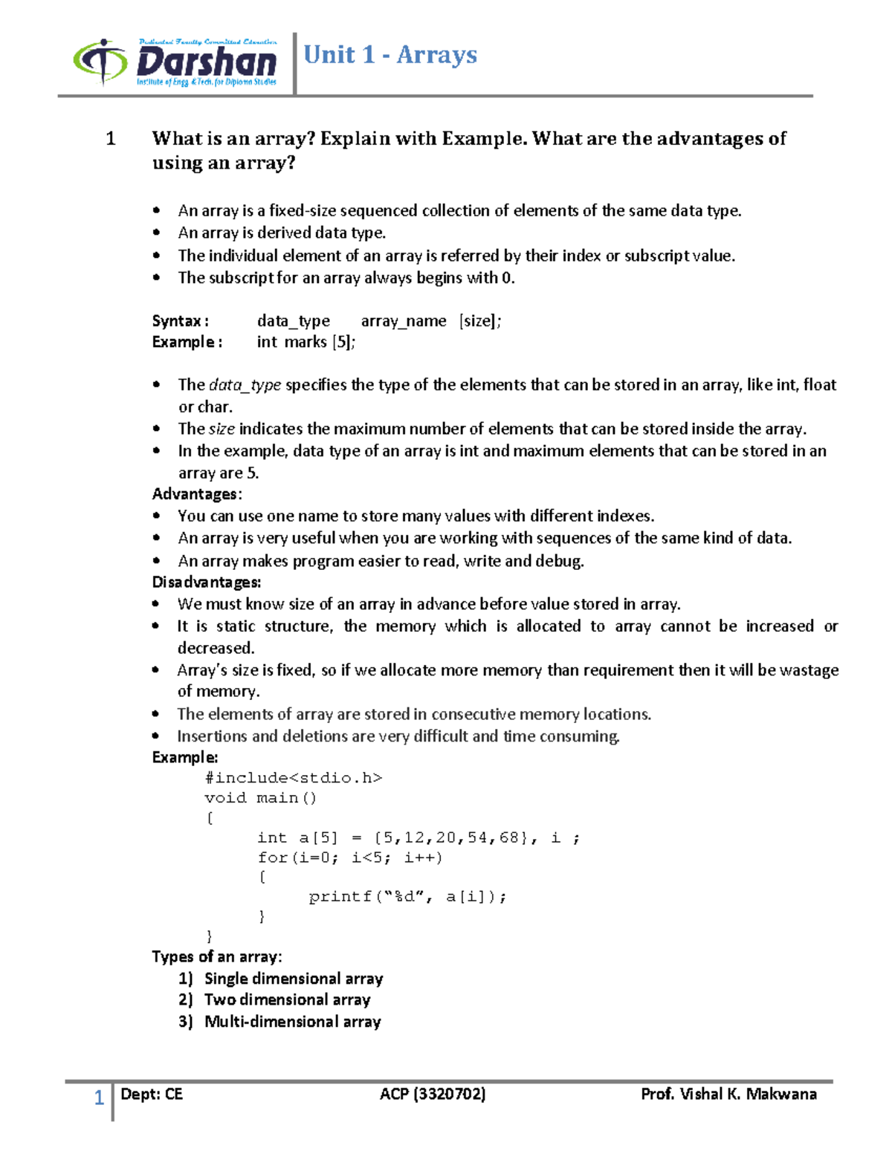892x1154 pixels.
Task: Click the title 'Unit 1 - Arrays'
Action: click(390, 55)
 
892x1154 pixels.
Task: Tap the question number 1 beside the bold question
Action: click(111, 139)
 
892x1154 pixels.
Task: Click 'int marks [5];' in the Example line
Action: click(306, 343)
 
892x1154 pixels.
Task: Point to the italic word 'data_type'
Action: click(245, 385)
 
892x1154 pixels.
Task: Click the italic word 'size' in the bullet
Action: click(222, 429)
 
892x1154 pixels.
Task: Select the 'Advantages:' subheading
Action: click(196, 494)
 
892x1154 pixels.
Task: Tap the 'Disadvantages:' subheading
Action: click(206, 582)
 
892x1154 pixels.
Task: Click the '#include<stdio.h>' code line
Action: click(293, 778)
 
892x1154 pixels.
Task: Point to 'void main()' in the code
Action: click(260, 798)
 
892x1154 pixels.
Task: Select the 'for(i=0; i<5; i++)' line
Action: click(349, 858)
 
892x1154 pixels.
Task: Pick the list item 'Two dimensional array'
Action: click(287, 1000)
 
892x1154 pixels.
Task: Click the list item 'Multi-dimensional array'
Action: click(292, 1022)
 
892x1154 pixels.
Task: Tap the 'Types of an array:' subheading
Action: click(216, 956)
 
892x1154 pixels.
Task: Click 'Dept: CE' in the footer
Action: click(151, 1094)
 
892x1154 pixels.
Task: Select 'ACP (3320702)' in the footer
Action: click(433, 1094)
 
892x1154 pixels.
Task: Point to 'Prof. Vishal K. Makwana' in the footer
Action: click(728, 1094)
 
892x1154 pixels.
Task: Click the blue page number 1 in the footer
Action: click(98, 1098)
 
